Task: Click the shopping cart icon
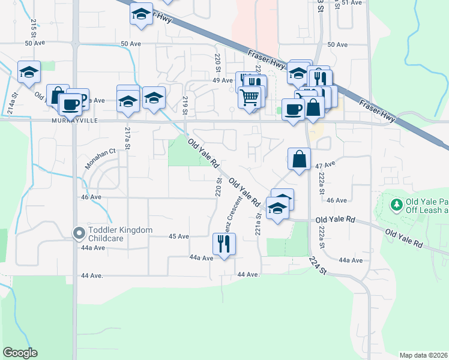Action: coord(250,96)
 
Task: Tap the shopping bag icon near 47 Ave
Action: coord(299,160)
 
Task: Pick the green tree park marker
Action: coord(396,206)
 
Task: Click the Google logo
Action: coord(20,353)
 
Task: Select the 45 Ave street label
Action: coord(179,236)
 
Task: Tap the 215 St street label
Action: coord(34,26)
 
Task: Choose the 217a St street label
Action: coord(127,138)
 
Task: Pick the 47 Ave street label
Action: coord(324,164)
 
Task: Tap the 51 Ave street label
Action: coord(352,3)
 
